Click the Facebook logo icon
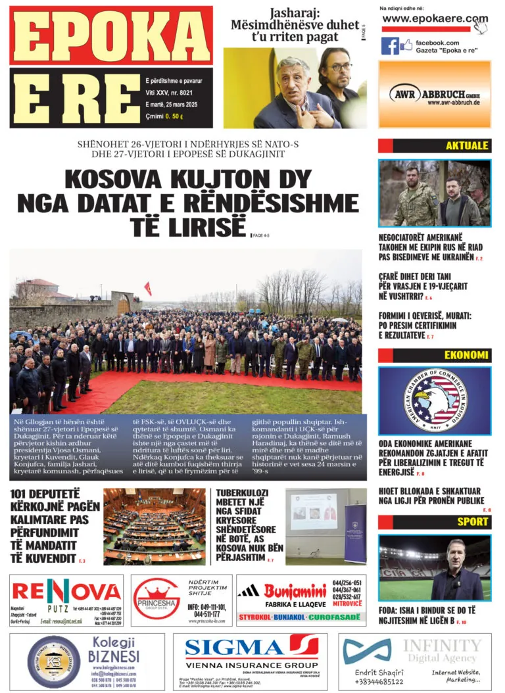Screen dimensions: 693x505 [390, 46]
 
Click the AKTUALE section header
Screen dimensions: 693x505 [466, 146]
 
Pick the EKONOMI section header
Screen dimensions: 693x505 [466, 356]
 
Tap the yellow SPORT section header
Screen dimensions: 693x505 [473, 522]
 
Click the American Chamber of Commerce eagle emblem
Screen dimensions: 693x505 [434, 400]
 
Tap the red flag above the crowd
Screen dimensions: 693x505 [147, 288]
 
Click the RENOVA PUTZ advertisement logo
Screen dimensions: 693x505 [66, 590]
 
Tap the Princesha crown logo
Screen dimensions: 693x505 [156, 590]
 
